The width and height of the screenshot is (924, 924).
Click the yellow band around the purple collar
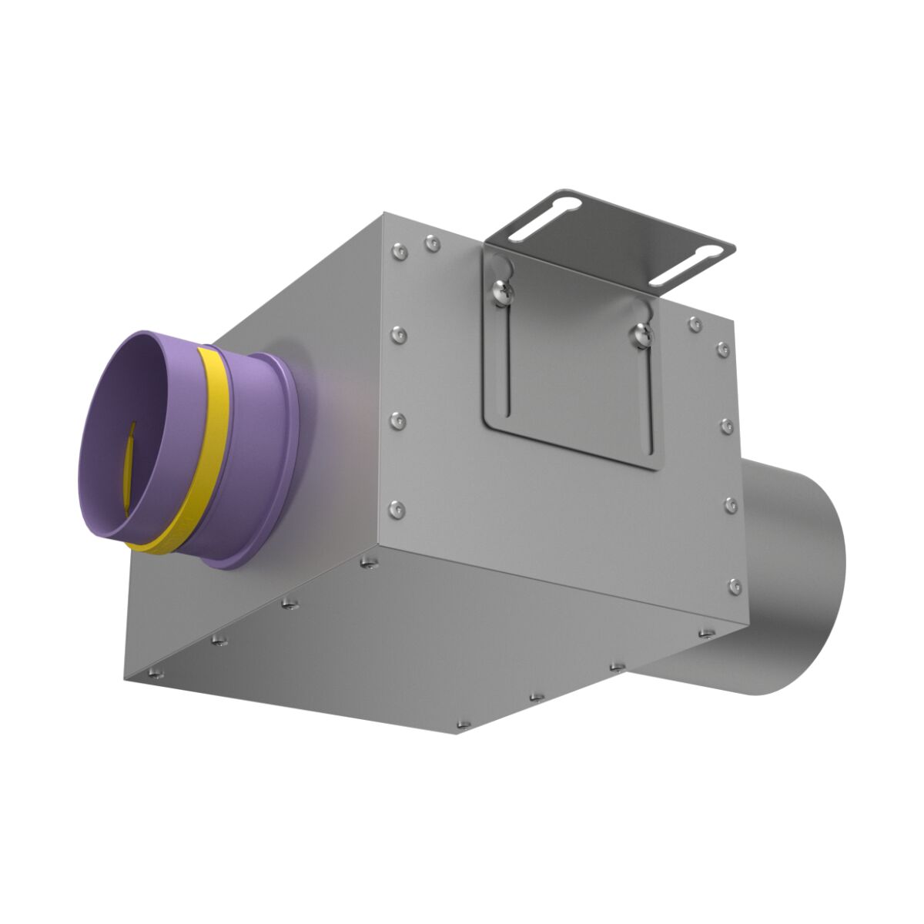click(x=216, y=431)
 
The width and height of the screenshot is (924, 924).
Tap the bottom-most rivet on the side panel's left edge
click(x=397, y=508)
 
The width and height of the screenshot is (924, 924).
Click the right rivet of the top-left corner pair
click(x=430, y=245)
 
